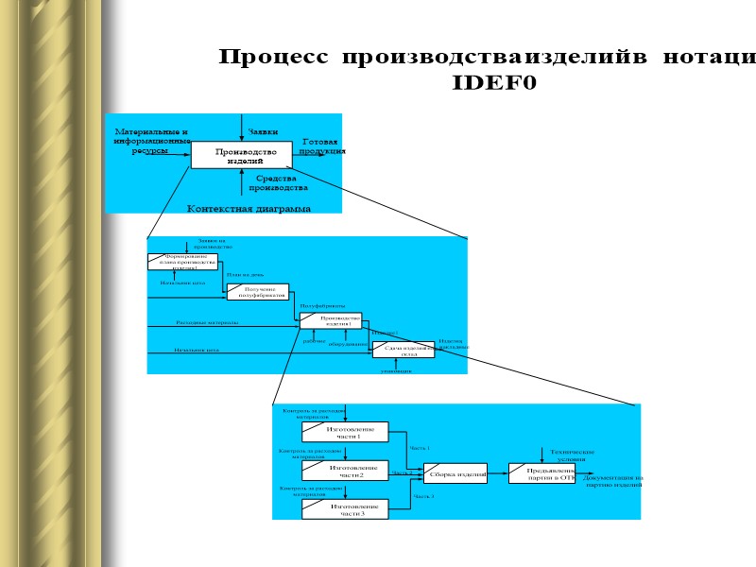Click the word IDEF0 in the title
click(494, 83)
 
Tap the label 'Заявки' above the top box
click(263, 131)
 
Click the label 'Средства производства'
click(277, 182)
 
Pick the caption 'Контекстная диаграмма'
click(249, 208)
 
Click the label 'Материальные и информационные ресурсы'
click(151, 140)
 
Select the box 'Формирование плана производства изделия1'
click(183, 262)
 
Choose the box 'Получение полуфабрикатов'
click(258, 292)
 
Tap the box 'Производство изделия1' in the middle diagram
click(334, 321)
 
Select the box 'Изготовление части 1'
click(345, 432)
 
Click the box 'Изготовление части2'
click(345, 471)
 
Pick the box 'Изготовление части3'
click(345, 509)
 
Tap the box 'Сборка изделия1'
click(455, 473)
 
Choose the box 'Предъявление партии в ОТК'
click(542, 473)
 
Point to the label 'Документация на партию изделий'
click(612, 481)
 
